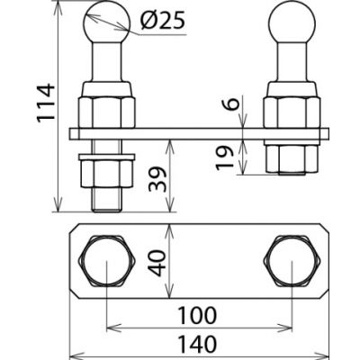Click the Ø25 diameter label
[162, 21]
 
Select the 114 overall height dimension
[46, 103]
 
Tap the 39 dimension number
[157, 179]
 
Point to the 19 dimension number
[225, 157]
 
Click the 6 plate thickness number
[231, 104]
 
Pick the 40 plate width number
[157, 263]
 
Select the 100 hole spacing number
[197, 315]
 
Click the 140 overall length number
[197, 344]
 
